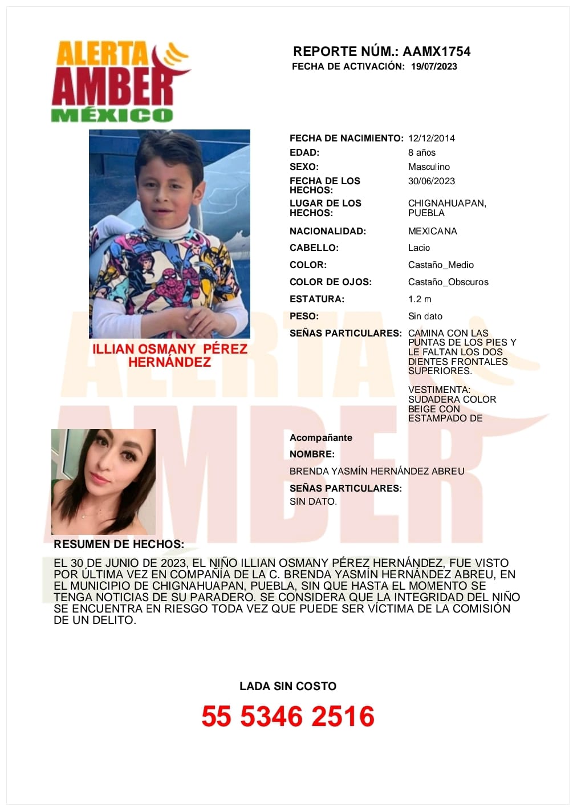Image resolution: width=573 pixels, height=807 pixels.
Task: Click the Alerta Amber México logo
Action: tap(120, 81)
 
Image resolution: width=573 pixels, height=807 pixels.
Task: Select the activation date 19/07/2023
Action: tap(434, 66)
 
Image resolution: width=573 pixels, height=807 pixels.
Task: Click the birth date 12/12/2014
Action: tap(432, 138)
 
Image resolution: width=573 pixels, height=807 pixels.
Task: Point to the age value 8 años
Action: tap(422, 152)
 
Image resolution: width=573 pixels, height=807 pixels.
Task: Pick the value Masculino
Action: tap(429, 167)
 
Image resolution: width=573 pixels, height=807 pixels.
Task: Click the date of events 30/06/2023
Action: tap(432, 181)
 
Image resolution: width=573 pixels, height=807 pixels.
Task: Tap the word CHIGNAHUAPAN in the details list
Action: tap(447, 203)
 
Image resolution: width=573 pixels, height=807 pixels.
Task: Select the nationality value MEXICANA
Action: tap(433, 231)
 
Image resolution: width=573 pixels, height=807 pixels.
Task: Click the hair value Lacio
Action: tap(419, 248)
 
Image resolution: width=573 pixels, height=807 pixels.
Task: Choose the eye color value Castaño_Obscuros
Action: tap(448, 282)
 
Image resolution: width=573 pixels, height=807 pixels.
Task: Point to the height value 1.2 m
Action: tap(420, 299)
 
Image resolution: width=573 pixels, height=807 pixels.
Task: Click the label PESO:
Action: tap(304, 316)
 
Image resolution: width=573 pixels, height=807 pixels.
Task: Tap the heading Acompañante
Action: tap(321, 437)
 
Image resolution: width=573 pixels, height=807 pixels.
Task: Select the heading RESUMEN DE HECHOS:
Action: tap(119, 544)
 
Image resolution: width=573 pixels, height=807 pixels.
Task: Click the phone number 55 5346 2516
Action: tap(288, 716)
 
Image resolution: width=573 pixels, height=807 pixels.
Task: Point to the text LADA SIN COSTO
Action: tap(288, 686)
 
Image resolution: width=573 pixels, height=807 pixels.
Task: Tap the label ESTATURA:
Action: tap(317, 299)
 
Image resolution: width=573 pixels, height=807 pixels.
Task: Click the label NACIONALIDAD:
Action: tap(328, 231)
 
